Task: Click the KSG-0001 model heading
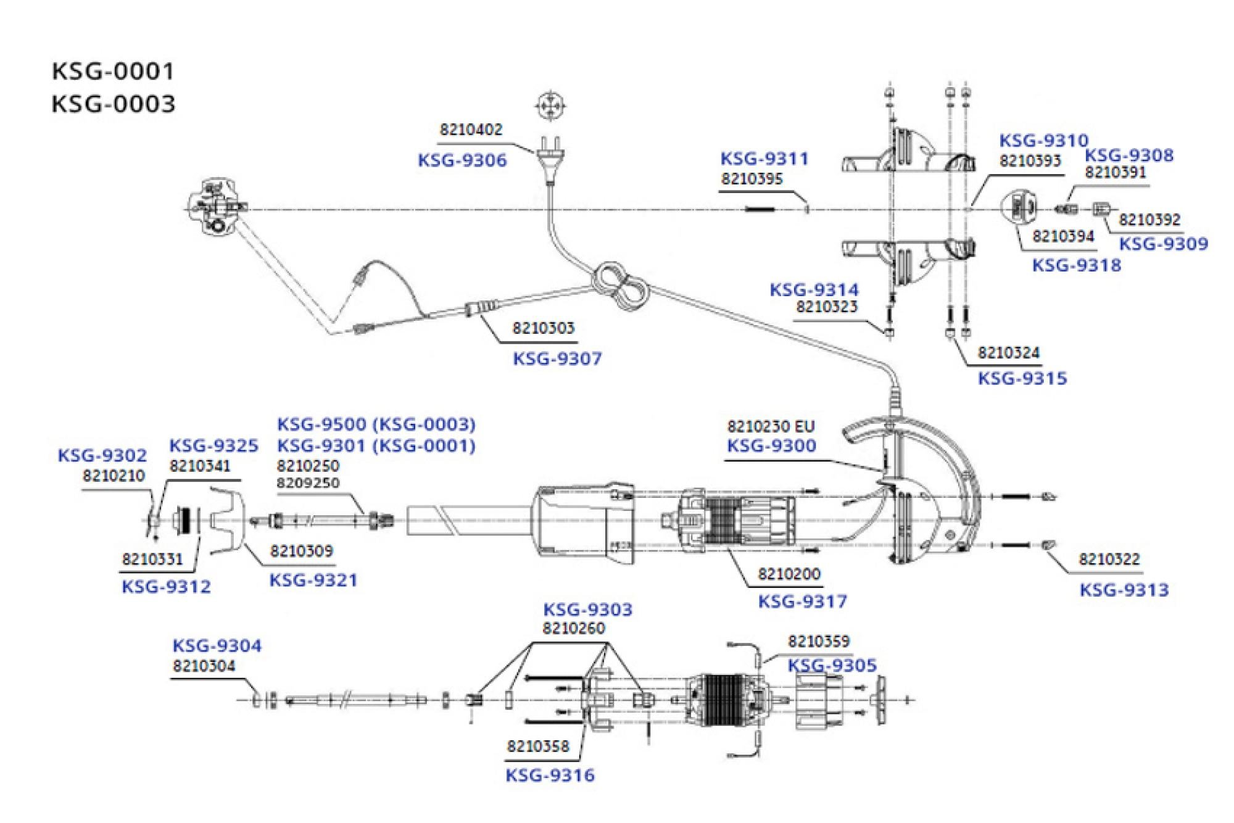[x=114, y=72]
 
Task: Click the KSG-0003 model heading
[x=114, y=104]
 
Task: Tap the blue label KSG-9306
[x=462, y=160]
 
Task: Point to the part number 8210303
[x=543, y=328]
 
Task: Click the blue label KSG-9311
[x=764, y=159]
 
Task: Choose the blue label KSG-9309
[x=1164, y=244]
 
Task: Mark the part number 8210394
[x=1063, y=236]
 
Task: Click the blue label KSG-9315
[x=1022, y=379]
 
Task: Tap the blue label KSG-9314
[x=814, y=289]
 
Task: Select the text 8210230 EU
[x=771, y=426]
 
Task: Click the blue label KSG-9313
[x=1124, y=590]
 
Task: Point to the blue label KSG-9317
[x=802, y=602]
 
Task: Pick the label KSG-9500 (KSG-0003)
[x=376, y=424]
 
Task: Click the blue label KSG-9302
[x=102, y=456]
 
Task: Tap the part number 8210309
[x=301, y=551]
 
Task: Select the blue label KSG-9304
[x=217, y=646]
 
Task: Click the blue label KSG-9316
[x=550, y=775]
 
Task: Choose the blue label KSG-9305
[x=832, y=666]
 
